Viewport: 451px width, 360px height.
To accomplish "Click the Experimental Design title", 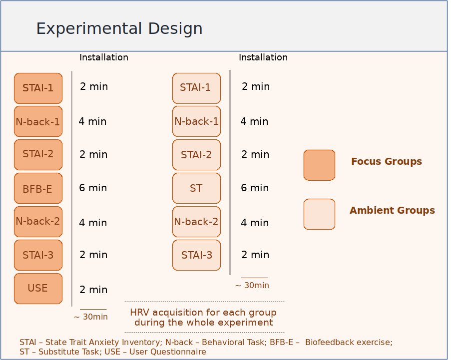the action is pos(119,29).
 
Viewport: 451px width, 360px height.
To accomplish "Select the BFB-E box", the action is pos(38,188).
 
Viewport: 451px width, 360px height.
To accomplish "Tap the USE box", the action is pos(38,289).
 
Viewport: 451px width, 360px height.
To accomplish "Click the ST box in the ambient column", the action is pos(196,188).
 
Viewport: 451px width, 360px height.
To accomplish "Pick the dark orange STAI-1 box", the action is pos(38,88).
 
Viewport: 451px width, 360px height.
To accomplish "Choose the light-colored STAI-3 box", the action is pos(196,255).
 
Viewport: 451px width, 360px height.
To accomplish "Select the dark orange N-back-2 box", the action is pos(38,222).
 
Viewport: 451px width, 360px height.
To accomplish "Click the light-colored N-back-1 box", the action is pos(196,121).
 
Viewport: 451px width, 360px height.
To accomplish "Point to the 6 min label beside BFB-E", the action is pos(93,188).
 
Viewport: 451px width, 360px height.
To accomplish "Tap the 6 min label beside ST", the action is pos(255,188).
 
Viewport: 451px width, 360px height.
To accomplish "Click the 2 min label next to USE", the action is pos(93,290).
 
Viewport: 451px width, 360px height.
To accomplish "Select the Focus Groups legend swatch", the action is pos(319,165).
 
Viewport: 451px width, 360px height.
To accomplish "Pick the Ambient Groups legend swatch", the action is pos(319,214).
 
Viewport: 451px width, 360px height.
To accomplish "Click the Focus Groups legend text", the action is pos(387,162).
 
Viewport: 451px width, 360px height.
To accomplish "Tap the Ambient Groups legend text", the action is pos(393,211).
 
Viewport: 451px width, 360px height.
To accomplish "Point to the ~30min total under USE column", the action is pos(91,317).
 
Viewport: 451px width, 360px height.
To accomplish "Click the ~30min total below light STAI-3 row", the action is pos(252,285).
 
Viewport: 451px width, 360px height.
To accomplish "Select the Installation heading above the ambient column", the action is pos(263,57).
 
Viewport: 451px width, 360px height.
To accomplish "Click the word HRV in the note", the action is pos(140,312).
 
